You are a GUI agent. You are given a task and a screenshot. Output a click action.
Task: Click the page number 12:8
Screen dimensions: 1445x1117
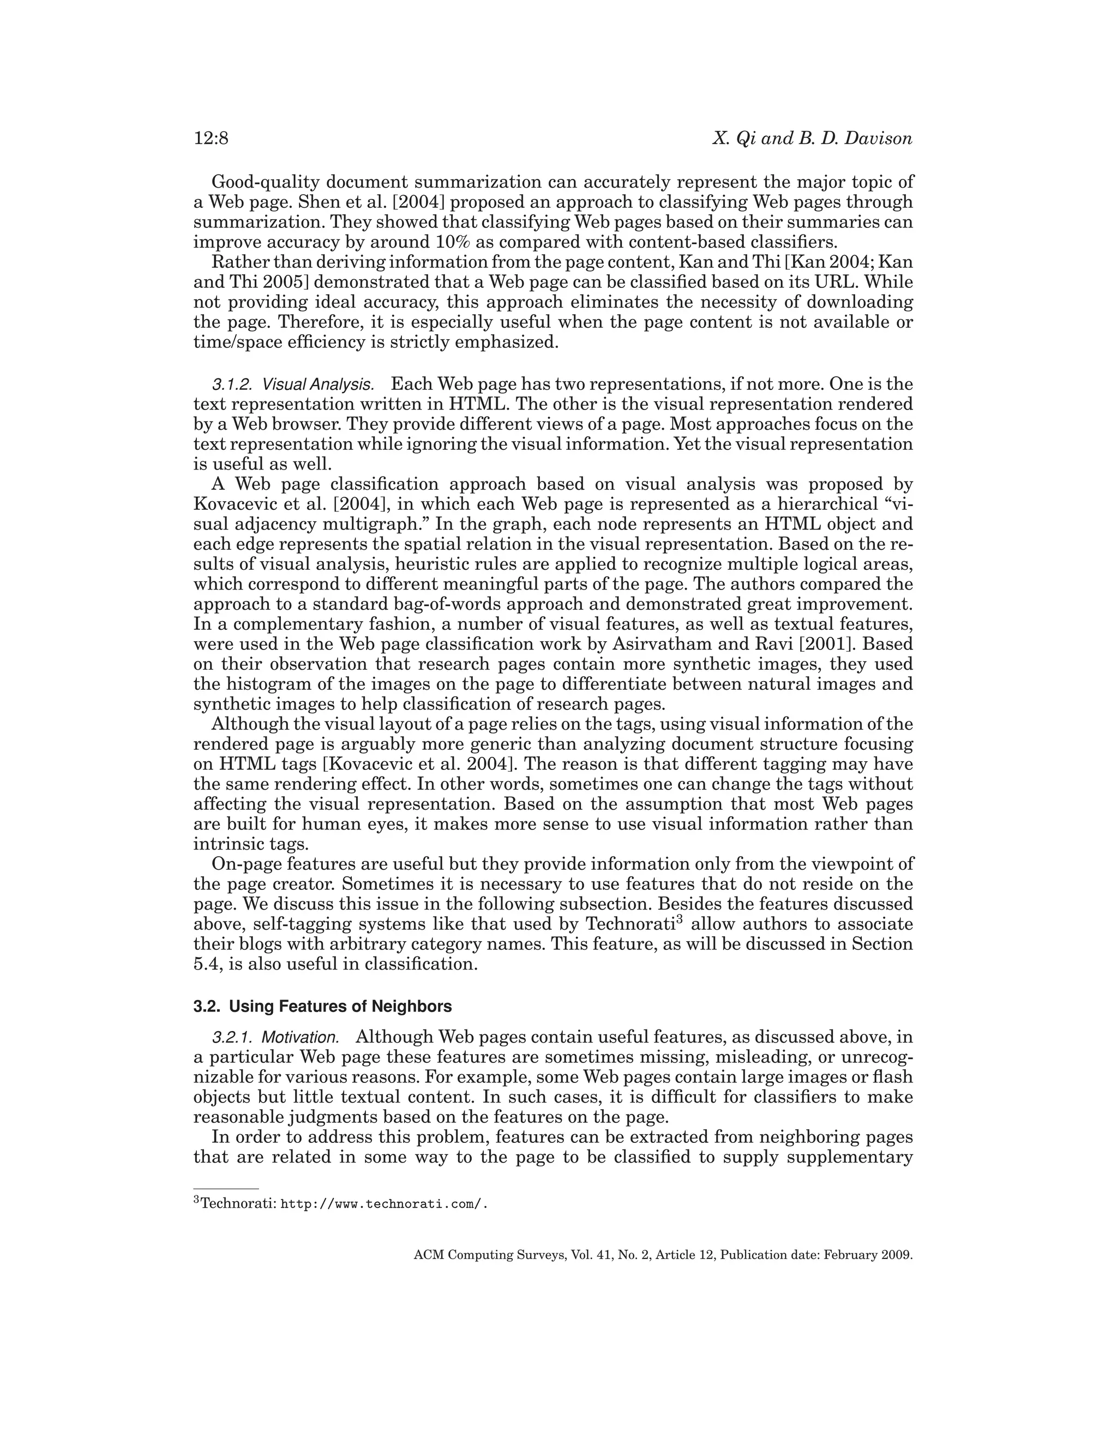click(211, 139)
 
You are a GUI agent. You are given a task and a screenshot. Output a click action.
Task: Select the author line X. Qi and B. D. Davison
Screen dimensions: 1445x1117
click(812, 139)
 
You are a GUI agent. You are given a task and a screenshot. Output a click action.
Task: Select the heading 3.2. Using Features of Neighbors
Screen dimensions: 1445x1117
click(322, 1007)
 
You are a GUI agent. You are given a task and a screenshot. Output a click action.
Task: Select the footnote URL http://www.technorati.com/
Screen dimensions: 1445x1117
click(384, 1203)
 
